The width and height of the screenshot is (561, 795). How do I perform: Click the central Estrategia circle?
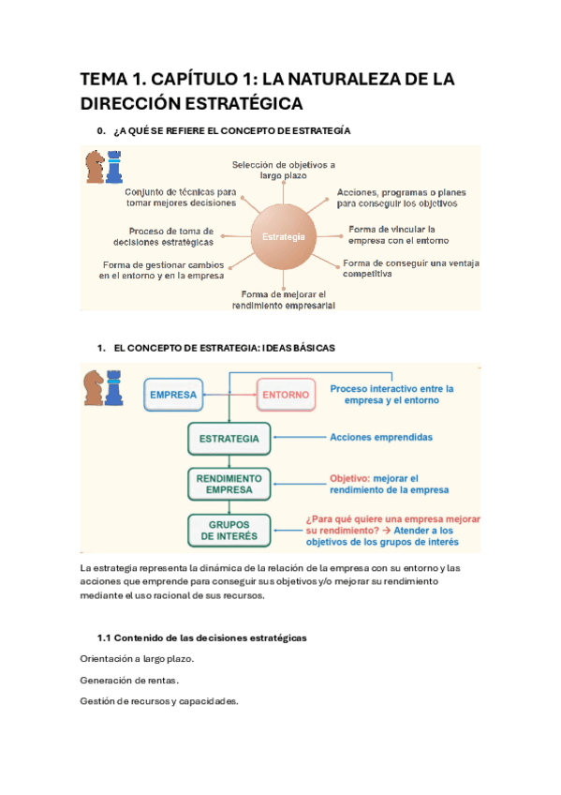285,237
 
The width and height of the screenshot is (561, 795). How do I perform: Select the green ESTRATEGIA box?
229,438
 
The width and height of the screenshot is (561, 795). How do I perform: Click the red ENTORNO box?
286,395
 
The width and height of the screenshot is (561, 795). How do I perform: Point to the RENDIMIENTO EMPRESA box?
229,483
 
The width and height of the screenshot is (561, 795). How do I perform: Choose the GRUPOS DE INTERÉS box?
229,531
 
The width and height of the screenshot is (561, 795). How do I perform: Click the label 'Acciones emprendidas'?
381,437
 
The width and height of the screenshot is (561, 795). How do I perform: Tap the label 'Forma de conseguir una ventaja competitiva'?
410,269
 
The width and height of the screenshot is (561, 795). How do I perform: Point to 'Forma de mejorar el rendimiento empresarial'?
283,299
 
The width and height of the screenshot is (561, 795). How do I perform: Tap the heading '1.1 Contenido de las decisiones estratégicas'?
202,637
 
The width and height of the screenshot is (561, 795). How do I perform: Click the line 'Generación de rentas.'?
129,680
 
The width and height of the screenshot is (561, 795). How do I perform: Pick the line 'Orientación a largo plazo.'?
138,659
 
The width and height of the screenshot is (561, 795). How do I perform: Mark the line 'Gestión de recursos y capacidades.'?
159,701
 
